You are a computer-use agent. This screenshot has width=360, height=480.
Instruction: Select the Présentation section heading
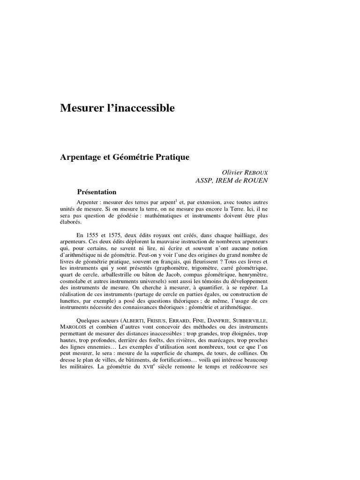97,192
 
